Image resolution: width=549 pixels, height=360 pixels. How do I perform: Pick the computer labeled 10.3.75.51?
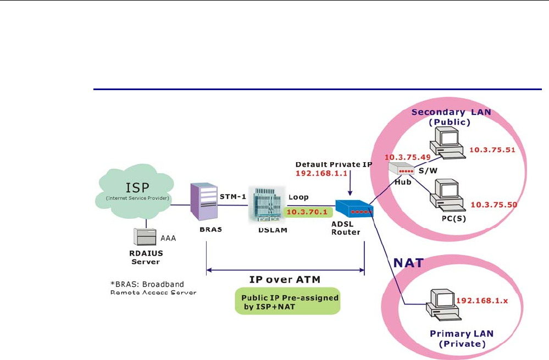447,142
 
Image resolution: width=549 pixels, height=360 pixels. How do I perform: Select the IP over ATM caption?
285,280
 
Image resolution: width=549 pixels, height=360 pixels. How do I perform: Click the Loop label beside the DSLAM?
298,196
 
